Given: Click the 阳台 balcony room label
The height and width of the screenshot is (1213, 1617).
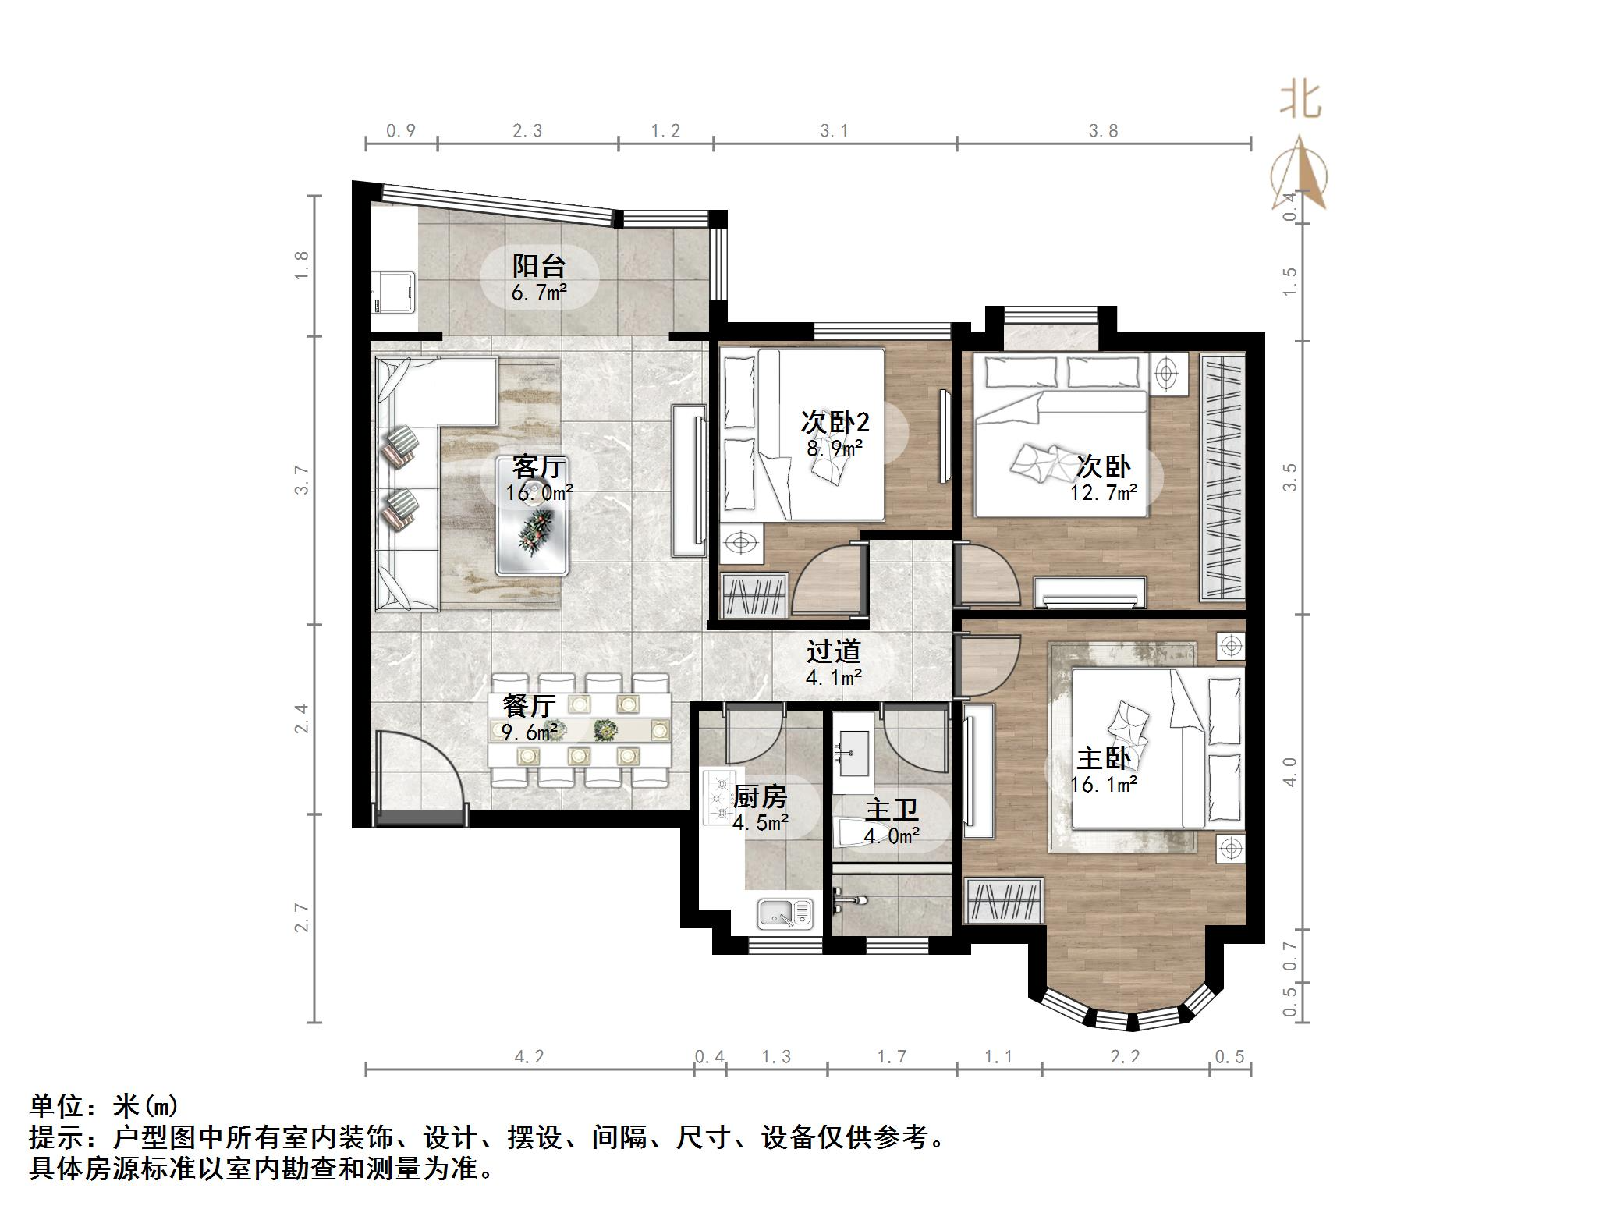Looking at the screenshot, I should [x=538, y=266].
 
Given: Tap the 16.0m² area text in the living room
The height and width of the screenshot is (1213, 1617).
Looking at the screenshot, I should [x=539, y=493].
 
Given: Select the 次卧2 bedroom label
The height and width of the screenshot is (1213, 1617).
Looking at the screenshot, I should [x=834, y=422].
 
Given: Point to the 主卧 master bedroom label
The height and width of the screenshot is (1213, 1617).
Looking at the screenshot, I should [x=1103, y=758].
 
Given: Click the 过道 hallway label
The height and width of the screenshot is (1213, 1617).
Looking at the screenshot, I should [x=833, y=651].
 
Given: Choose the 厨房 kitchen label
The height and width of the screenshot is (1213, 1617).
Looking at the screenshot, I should [x=760, y=796].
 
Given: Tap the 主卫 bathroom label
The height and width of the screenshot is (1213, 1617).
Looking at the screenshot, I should [x=892, y=810].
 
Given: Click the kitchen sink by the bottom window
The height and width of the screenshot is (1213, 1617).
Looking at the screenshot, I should [x=785, y=913].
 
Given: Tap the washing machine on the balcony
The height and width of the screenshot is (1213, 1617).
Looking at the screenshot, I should [x=392, y=291].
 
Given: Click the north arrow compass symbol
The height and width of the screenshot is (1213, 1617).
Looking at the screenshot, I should [x=1300, y=176].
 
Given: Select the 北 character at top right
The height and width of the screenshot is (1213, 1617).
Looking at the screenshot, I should [x=1300, y=100].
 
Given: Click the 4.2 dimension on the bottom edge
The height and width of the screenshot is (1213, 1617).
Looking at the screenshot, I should [x=528, y=1056].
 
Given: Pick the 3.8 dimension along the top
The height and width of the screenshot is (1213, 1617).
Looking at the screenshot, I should [x=1103, y=131].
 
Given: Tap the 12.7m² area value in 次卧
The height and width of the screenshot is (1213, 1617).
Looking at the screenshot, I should [x=1103, y=492].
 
